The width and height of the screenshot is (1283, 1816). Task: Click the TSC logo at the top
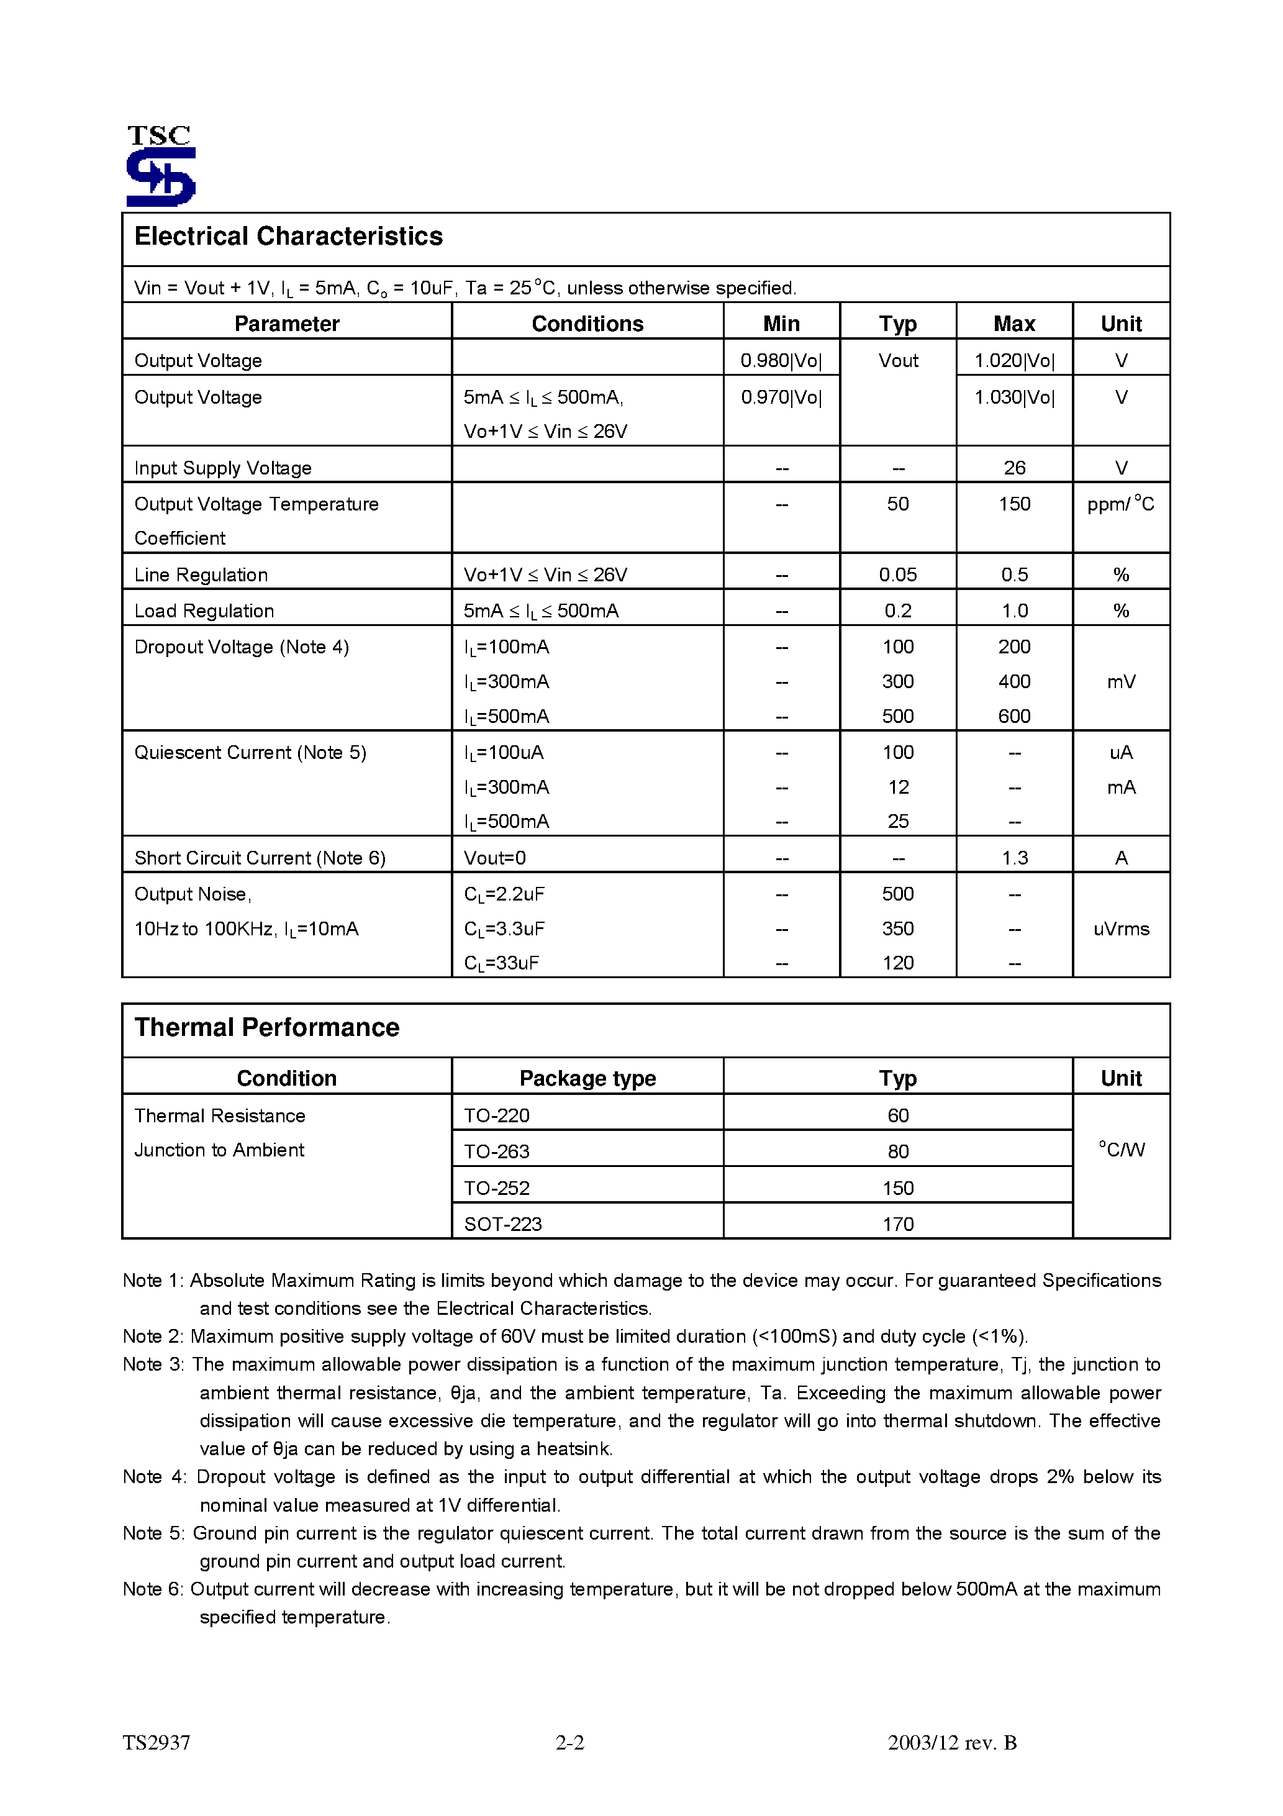161,166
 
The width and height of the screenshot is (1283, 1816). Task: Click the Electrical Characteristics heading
288,237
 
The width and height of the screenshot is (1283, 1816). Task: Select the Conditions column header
587,324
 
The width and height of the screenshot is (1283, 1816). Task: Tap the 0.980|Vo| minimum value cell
781,361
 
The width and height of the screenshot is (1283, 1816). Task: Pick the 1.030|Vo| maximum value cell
1014,397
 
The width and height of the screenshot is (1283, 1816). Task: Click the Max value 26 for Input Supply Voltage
1014,468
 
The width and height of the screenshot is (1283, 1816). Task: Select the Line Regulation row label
201,575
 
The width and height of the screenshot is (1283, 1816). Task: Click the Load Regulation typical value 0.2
898,611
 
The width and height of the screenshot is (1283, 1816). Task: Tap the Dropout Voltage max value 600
1014,716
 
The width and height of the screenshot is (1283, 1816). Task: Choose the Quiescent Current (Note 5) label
250,752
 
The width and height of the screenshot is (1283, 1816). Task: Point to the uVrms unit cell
1121,928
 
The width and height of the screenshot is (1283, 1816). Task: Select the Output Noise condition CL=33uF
502,963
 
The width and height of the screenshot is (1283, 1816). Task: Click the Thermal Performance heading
266,1027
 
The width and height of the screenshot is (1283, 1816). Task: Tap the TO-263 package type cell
497,1151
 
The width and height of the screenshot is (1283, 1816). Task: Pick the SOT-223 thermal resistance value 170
898,1224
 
